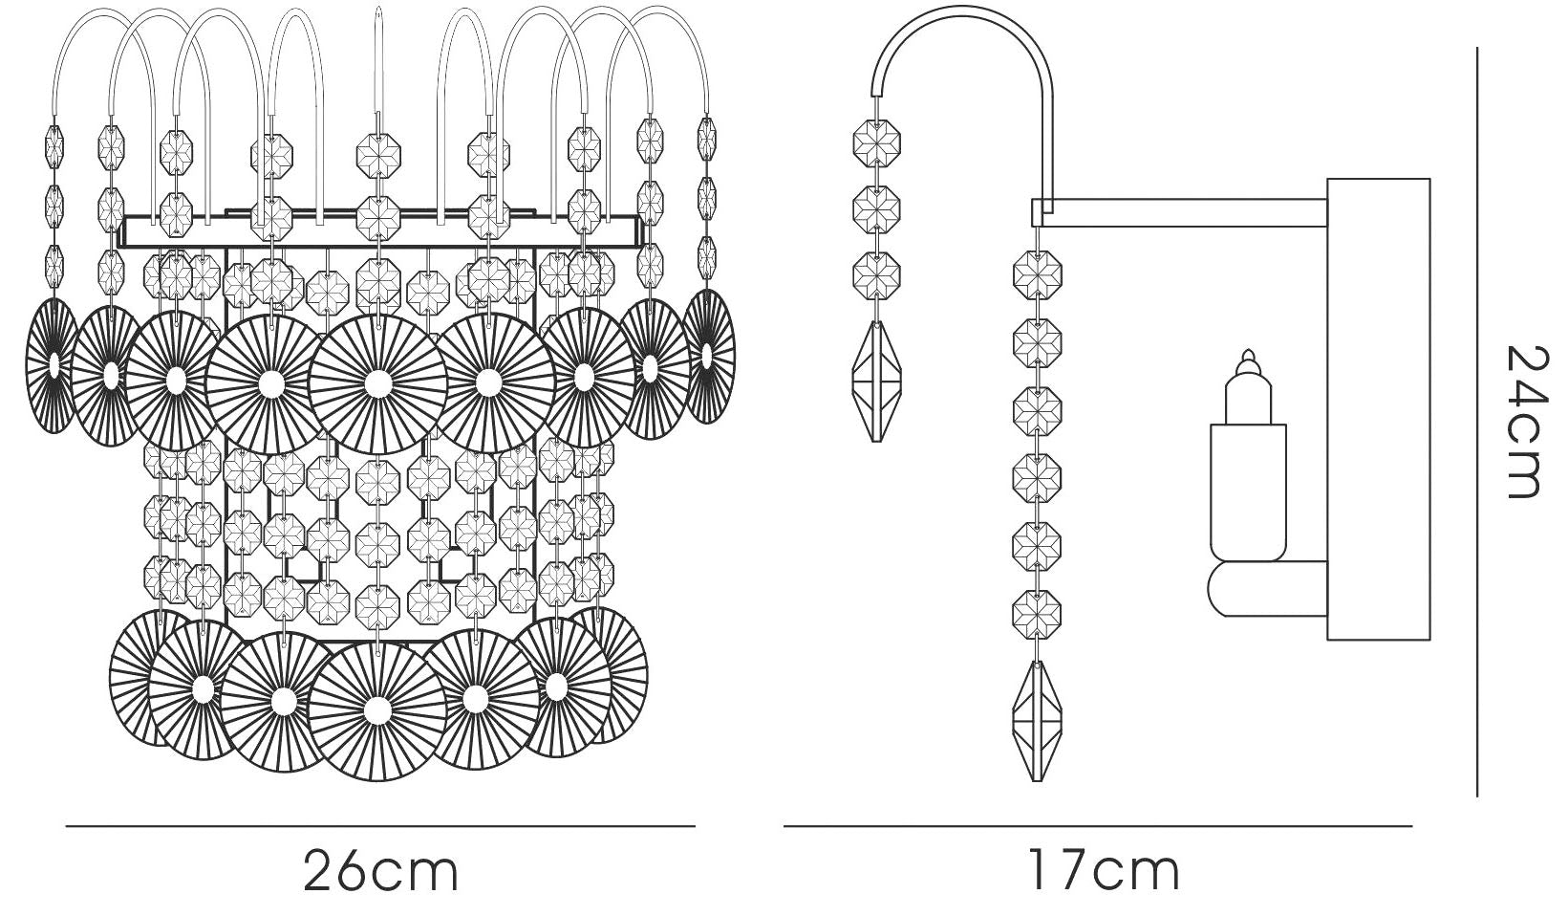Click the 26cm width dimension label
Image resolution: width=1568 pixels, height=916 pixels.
coord(381,871)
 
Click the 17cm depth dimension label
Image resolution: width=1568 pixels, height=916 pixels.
coord(1104,871)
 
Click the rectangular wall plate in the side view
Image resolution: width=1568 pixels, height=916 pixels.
coord(1378,409)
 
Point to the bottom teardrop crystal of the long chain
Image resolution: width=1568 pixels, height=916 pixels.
coord(1037,721)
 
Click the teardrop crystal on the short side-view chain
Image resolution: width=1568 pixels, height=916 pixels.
coord(876,381)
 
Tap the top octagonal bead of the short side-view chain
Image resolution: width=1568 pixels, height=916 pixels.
coord(876,143)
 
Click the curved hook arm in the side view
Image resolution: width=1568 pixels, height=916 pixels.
coord(966,42)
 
